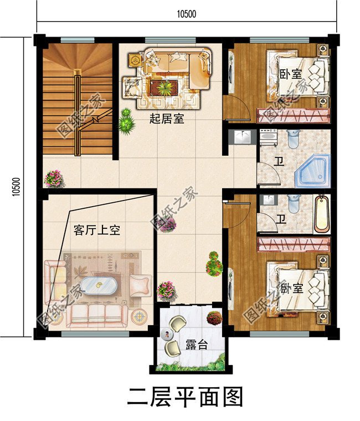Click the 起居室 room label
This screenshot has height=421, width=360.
coord(167,119)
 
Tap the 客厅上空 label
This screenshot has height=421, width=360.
coord(96,230)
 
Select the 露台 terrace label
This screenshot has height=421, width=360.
coord(196,345)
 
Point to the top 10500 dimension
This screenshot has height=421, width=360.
coord(187,14)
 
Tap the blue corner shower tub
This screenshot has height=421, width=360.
coord(312,171)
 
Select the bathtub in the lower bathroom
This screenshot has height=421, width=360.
coord(321,214)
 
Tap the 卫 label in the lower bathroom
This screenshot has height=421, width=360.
coord(281,219)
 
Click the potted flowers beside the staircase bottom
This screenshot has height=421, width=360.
coord(54,178)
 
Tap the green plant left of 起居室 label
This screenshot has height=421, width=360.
coord(126,121)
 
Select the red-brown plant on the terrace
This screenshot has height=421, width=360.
coord(214,318)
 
